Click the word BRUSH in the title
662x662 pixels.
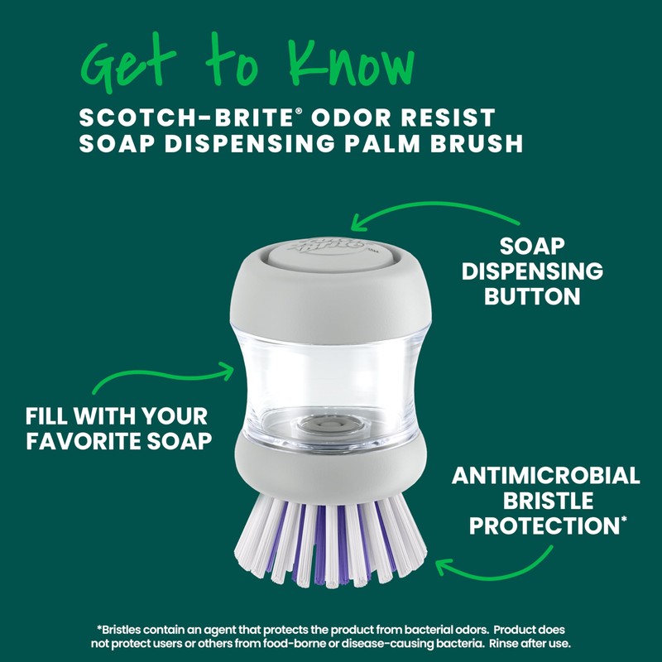[479, 143]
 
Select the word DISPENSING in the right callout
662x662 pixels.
[532, 271]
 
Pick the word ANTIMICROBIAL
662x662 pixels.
[545, 477]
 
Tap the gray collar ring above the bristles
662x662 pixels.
[331, 463]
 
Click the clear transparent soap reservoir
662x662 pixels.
[331, 364]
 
